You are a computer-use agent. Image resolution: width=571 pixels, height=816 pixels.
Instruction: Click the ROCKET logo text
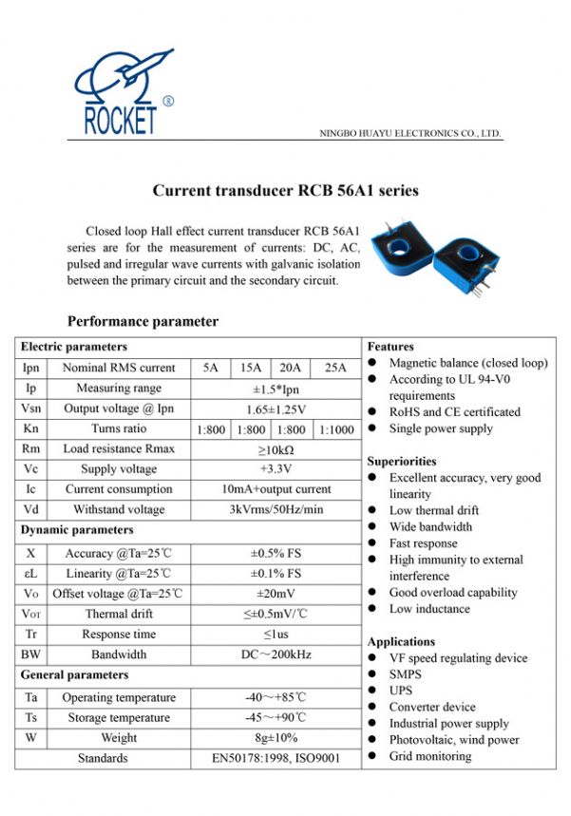tap(120, 122)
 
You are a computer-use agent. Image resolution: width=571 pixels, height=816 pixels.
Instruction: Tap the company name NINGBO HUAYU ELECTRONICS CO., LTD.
tap(409, 134)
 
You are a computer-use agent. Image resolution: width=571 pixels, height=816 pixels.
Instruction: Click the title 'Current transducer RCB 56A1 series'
tap(285, 191)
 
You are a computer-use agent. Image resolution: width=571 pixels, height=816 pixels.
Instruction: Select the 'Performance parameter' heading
tap(143, 321)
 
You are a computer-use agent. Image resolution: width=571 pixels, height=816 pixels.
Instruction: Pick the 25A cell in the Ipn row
tap(335, 368)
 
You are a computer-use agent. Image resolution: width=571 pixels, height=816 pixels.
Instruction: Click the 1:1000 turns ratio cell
tap(335, 429)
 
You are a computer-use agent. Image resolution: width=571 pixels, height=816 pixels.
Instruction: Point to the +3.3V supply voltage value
tap(276, 469)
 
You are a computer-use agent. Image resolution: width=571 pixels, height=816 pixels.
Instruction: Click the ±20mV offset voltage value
tap(276, 594)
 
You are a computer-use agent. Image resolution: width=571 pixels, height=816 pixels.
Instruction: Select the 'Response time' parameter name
tap(119, 634)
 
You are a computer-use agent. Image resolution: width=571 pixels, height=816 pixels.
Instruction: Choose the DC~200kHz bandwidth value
tap(276, 655)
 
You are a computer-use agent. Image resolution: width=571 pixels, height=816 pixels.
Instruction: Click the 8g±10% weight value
tap(276, 738)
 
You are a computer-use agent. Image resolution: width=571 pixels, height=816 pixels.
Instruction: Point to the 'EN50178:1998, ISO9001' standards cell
tap(276, 759)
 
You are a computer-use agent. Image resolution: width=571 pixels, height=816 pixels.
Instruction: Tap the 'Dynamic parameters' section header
tap(77, 530)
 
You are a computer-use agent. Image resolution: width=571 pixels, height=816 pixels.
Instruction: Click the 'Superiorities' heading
tap(401, 461)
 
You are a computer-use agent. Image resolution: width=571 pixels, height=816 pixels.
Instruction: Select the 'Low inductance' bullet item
tap(429, 609)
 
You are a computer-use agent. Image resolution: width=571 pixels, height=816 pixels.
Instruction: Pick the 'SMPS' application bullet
tap(405, 674)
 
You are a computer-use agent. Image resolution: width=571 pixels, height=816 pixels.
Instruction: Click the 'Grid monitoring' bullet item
tap(429, 756)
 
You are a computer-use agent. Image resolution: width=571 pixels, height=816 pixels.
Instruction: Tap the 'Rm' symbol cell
tap(30, 448)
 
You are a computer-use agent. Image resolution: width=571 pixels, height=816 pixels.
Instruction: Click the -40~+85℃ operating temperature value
tap(276, 697)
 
